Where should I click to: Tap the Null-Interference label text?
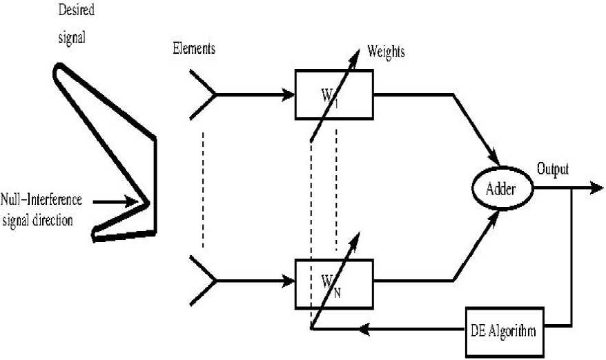click(x=42, y=200)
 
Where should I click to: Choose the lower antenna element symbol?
click(x=203, y=281)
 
